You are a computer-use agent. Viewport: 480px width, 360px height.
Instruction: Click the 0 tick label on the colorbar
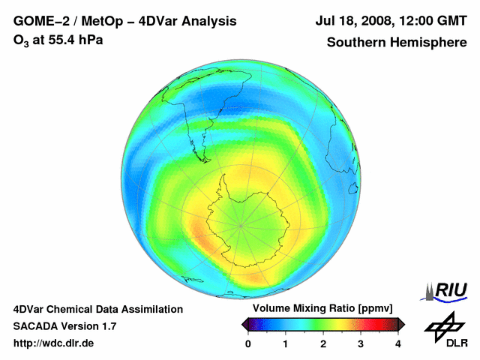(x=248, y=343)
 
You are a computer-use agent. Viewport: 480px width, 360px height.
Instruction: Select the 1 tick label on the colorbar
(x=286, y=343)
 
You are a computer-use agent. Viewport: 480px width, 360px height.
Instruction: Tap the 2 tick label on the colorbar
(x=323, y=343)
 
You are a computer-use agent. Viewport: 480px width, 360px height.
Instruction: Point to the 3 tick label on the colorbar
(x=361, y=343)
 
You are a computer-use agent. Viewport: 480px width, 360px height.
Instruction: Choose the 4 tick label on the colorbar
(x=398, y=343)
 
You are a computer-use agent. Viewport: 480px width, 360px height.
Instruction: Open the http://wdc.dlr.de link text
(x=54, y=343)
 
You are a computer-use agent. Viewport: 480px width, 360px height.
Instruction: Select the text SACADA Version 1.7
(x=64, y=326)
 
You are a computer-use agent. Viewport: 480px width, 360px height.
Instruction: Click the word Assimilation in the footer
(x=154, y=309)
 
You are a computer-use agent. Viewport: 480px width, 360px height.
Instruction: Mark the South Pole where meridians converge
(x=241, y=223)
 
